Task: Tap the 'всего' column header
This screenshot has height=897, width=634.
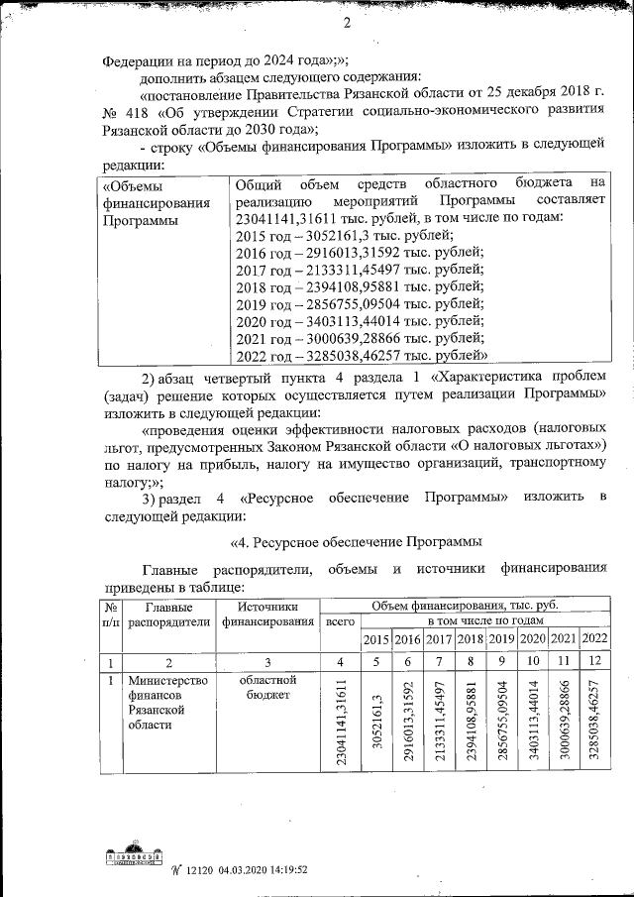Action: point(340,621)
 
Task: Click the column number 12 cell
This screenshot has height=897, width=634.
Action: point(594,661)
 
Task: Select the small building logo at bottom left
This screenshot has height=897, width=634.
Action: point(133,858)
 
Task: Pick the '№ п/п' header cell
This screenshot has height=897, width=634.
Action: point(111,614)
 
